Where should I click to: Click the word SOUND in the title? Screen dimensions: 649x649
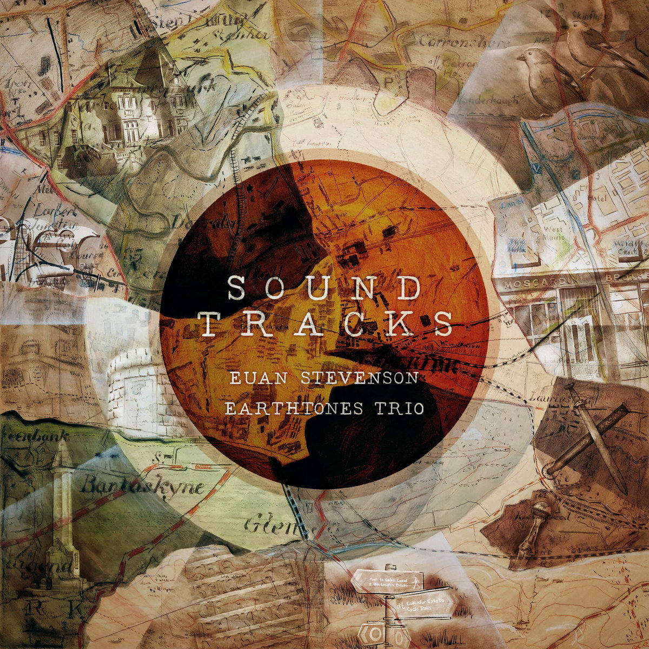(x=323, y=289)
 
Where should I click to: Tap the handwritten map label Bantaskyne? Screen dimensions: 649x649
(x=142, y=485)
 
